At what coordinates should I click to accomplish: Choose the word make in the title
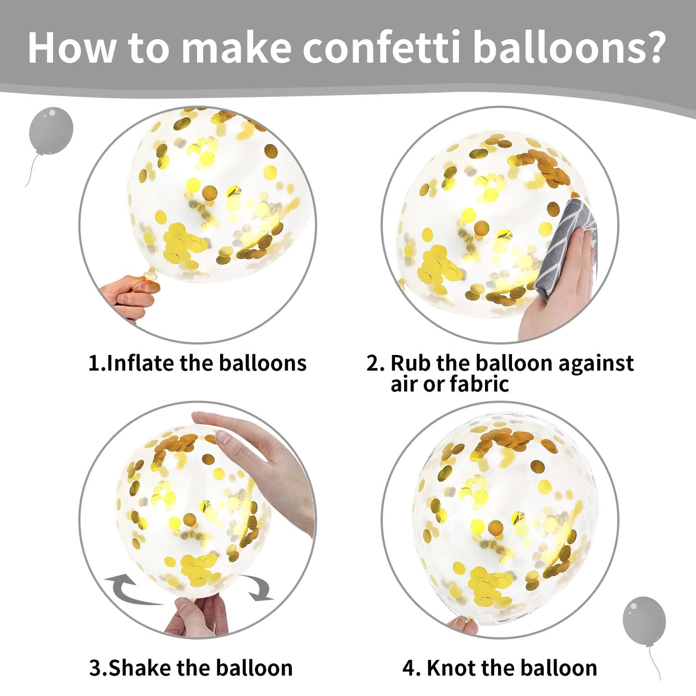point(236,48)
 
